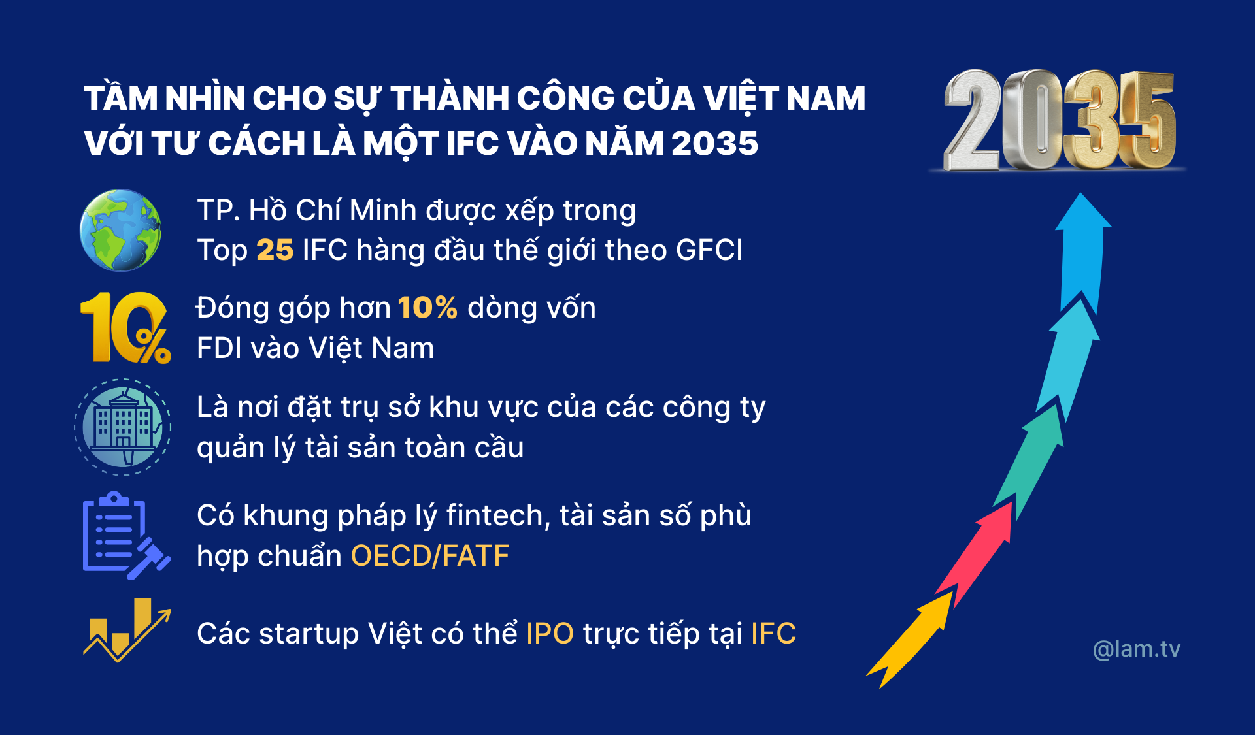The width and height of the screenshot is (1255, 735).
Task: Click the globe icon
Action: tap(120, 230)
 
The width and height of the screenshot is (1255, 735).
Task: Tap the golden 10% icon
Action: tap(125, 327)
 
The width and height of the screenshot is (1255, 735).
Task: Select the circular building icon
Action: tap(123, 427)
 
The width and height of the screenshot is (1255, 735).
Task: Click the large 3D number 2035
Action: tap(1059, 121)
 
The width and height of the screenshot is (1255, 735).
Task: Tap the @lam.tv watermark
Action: tap(1137, 649)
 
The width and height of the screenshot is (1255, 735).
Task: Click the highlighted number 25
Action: tap(275, 250)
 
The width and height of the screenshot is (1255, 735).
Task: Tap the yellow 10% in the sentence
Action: tap(427, 308)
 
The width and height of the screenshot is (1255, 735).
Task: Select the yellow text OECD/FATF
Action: tap(430, 556)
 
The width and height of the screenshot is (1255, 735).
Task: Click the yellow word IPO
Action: tap(550, 634)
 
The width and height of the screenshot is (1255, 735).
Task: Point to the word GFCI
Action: tap(709, 250)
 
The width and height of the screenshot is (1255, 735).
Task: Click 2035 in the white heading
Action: tap(714, 143)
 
